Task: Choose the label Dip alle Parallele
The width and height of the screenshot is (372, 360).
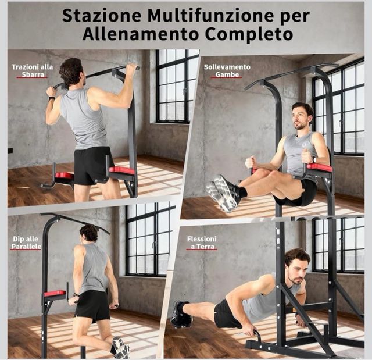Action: (26, 242)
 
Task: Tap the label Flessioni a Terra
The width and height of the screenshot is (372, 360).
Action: (202, 243)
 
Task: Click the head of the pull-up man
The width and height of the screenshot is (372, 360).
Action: (71, 71)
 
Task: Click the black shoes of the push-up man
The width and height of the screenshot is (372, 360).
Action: (180, 315)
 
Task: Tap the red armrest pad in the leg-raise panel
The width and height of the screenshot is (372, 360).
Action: (319, 167)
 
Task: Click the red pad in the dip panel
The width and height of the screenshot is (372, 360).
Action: (55, 293)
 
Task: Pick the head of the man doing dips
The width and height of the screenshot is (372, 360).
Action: (89, 233)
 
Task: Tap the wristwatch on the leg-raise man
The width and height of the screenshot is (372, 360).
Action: (313, 159)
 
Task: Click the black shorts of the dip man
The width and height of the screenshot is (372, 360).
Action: (92, 305)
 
